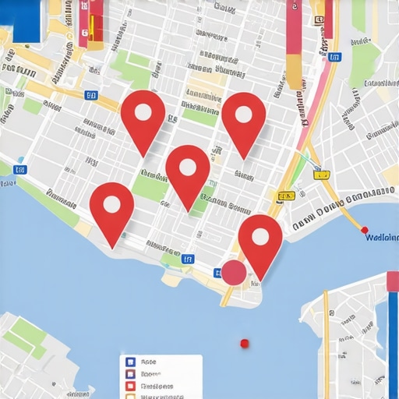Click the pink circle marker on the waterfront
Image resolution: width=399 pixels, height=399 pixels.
[234, 272]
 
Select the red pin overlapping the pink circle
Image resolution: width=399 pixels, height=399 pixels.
[260, 238]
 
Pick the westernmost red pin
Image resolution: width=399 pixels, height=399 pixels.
[112, 208]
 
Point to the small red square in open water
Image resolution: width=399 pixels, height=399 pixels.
[244, 343]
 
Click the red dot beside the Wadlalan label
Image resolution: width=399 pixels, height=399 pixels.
[364, 230]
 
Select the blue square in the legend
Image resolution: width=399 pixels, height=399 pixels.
[130, 362]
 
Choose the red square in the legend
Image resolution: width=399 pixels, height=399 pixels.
[130, 386]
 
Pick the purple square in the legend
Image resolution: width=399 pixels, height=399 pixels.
[130, 374]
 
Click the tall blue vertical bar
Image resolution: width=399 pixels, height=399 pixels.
[393, 343]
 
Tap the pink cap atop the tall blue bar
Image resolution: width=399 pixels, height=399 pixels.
[393, 281]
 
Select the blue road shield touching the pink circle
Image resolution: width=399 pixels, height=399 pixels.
[219, 272]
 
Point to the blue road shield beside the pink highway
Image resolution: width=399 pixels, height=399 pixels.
[334, 56]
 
